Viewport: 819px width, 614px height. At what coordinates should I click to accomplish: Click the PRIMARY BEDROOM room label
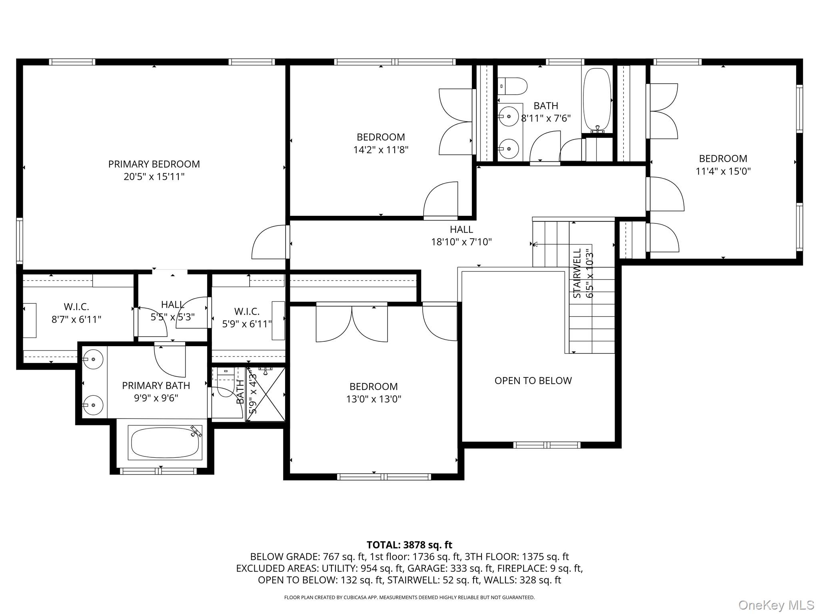pyautogui.click(x=154, y=164)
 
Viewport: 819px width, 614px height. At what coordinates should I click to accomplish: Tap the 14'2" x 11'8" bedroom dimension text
pyautogui.click(x=381, y=150)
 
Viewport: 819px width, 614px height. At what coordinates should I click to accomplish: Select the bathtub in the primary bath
pyautogui.click(x=165, y=443)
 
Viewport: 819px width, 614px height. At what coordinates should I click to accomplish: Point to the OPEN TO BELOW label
pyautogui.click(x=533, y=381)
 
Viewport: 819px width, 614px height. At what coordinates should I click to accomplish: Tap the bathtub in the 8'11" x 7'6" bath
pyautogui.click(x=597, y=100)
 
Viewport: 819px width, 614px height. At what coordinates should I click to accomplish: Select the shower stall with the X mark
pyautogui.click(x=266, y=394)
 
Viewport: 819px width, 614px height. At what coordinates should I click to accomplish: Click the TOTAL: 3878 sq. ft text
pyautogui.click(x=409, y=545)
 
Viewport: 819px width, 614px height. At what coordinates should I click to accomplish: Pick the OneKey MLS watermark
pyautogui.click(x=776, y=605)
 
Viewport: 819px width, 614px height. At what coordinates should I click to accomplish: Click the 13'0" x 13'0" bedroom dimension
pyautogui.click(x=374, y=399)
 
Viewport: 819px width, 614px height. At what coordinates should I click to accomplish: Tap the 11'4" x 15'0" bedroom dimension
pyautogui.click(x=723, y=171)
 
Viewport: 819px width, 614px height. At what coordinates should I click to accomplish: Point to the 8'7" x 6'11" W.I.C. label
pyautogui.click(x=76, y=319)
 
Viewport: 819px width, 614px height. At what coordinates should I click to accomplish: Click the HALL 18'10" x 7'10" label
pyautogui.click(x=461, y=235)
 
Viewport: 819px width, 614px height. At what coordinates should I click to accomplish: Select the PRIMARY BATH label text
pyautogui.click(x=156, y=385)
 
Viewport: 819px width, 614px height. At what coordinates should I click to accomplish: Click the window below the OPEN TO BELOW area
pyautogui.click(x=547, y=445)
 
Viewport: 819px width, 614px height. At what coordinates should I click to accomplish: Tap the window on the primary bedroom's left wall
pyautogui.click(x=19, y=241)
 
